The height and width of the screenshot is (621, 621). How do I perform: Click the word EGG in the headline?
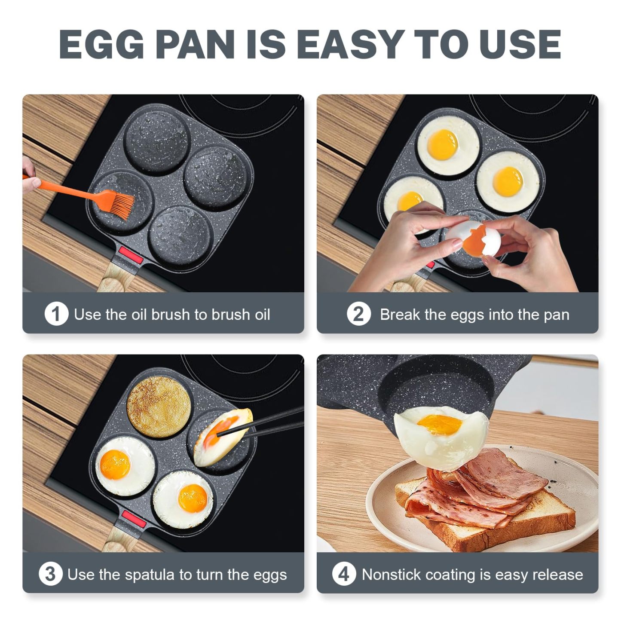pyautogui.click(x=101, y=44)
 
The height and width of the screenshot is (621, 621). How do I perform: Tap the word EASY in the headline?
pyautogui.click(x=349, y=44)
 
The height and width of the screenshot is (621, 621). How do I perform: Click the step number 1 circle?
pyautogui.click(x=56, y=314)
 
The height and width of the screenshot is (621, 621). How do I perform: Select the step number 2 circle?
pyautogui.click(x=358, y=314)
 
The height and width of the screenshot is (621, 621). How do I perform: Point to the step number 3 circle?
pyautogui.click(x=50, y=574)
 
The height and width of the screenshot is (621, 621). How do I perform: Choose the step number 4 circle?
pyautogui.click(x=343, y=574)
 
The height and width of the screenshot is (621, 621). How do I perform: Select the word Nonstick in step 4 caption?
pyautogui.click(x=391, y=575)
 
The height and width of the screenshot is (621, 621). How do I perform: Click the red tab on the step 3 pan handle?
pyautogui.click(x=133, y=519)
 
